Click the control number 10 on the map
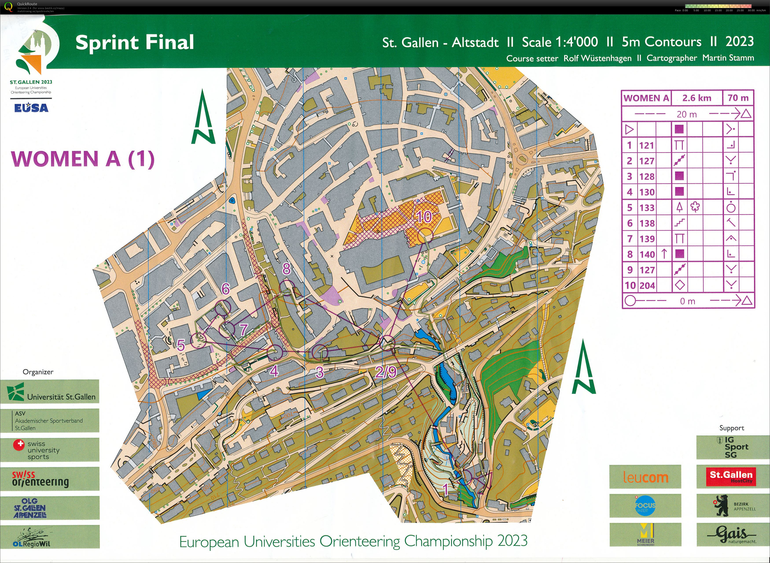[x=424, y=217]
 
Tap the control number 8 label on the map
[x=286, y=269]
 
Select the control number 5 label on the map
[x=181, y=345]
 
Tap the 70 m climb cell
[x=738, y=98]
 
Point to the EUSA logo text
[x=31, y=108]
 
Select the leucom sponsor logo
[x=645, y=477]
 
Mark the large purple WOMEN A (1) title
[x=83, y=159]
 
